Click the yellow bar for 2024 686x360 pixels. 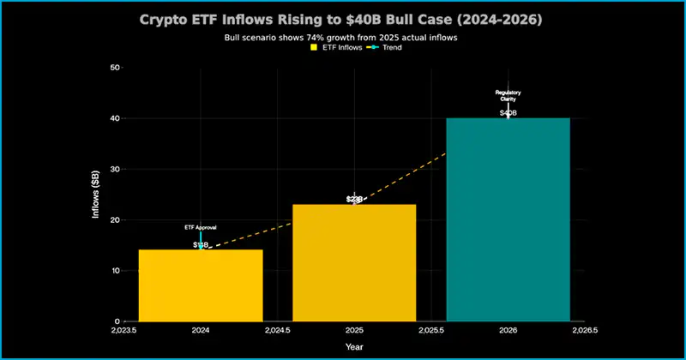pyautogui.click(x=200, y=285)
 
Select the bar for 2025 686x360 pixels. pyautogui.click(x=354, y=263)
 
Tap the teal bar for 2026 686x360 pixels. pyautogui.click(x=508, y=220)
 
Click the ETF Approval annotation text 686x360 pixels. pyautogui.click(x=201, y=227)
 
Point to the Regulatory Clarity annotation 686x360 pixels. pyautogui.click(x=508, y=95)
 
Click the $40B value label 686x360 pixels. pyautogui.click(x=508, y=112)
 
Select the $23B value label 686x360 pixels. pyautogui.click(x=354, y=199)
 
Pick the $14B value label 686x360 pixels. pyautogui.click(x=201, y=245)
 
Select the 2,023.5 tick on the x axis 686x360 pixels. pyautogui.click(x=123, y=329)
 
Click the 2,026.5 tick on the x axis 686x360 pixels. pyautogui.click(x=584, y=329)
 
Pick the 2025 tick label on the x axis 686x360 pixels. pyautogui.click(x=354, y=329)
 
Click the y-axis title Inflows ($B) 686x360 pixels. pyautogui.click(x=97, y=195)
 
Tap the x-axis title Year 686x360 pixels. pyautogui.click(x=353, y=346)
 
